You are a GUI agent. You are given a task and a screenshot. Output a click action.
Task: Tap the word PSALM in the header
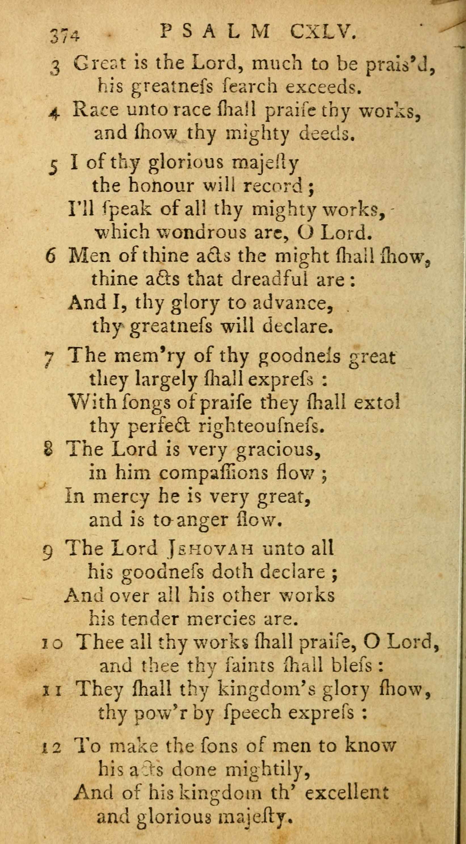(215, 33)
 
